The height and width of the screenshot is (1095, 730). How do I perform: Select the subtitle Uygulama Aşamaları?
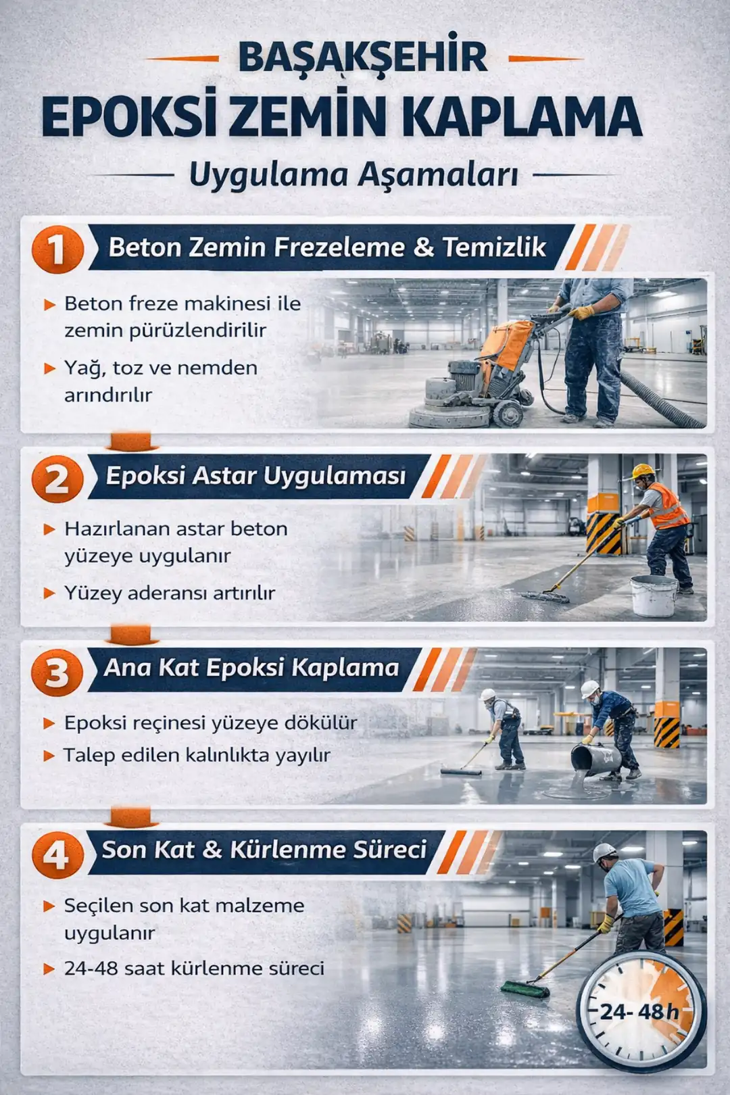[354, 174]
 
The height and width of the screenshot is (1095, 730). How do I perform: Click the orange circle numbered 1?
[57, 249]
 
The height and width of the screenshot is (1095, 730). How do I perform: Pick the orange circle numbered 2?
[57, 479]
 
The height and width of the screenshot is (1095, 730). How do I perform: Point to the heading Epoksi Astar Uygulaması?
[255, 476]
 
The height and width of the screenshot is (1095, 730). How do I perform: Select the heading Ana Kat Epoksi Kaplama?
[251, 668]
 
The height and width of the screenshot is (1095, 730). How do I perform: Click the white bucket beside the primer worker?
[653, 595]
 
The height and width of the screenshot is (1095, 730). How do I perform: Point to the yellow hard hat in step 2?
[642, 470]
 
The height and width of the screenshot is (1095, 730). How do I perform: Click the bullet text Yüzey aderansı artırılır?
[170, 593]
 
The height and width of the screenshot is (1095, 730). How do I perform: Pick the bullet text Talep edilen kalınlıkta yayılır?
[197, 755]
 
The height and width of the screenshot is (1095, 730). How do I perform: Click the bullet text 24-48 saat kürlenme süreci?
[194, 968]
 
